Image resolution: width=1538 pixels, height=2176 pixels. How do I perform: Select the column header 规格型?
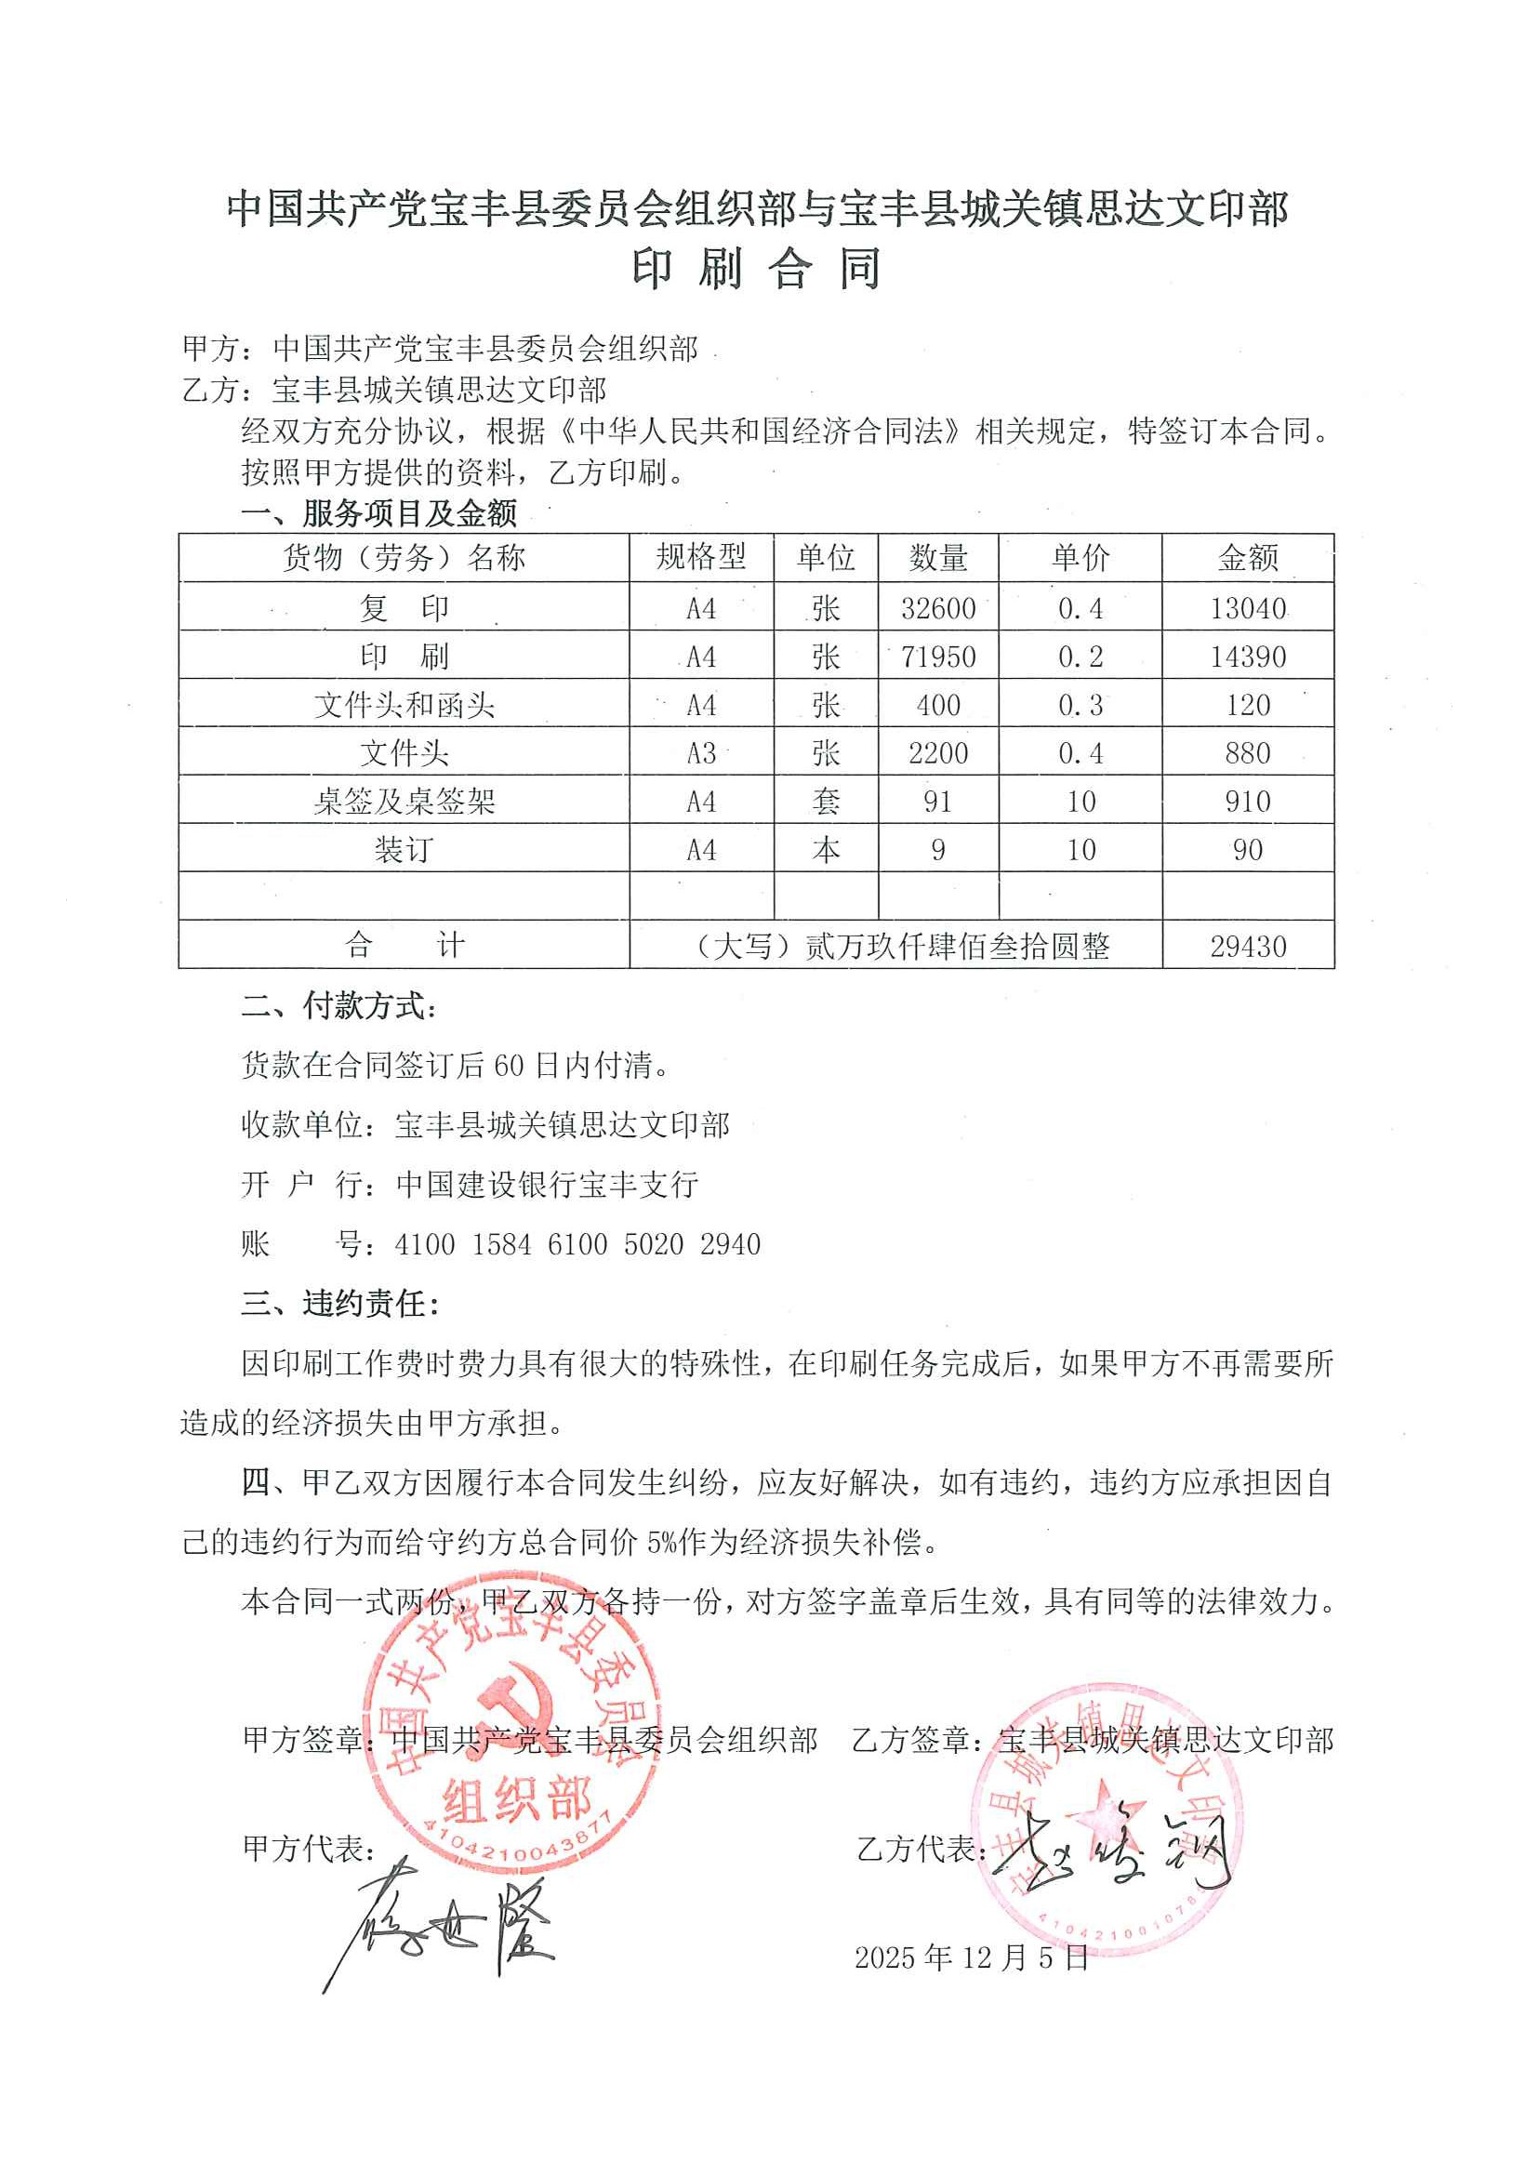point(700,556)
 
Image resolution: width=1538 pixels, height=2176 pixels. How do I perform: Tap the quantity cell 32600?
point(937,607)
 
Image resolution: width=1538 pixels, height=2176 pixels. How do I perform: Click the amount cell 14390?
point(1247,656)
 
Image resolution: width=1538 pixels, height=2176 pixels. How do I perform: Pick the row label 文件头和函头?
point(404,705)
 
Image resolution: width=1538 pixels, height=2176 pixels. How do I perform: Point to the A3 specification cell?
point(700,753)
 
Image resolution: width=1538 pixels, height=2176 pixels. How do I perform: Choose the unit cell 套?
point(826,802)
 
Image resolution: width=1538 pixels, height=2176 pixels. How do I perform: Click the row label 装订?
point(404,850)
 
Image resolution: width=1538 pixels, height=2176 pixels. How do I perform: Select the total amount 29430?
point(1247,946)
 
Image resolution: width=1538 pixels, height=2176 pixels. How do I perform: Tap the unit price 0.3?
point(1080,705)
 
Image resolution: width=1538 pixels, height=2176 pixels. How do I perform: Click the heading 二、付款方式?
point(339,1006)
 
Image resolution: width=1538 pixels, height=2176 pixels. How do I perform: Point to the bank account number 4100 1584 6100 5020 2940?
point(577,1243)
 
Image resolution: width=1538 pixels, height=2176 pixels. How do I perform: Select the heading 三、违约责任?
point(339,1304)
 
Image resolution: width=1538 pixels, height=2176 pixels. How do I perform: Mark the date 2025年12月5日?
point(972,1958)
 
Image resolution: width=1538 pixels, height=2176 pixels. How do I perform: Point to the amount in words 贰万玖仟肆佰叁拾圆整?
point(956,946)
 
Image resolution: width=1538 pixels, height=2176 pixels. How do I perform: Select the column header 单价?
point(1080,557)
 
